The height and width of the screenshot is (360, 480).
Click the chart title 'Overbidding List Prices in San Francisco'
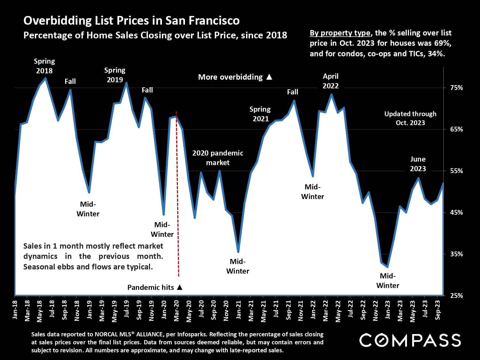click(131, 20)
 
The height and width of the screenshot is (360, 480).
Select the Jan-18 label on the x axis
click(15, 310)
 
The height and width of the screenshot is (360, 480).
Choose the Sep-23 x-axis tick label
click(438, 310)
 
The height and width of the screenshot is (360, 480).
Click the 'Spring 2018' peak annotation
click(44, 66)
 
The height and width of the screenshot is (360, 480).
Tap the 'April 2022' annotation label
click(331, 81)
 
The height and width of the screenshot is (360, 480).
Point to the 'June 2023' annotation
click(418, 164)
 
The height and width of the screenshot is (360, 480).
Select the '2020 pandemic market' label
click(218, 158)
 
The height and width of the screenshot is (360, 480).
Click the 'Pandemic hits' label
click(150, 287)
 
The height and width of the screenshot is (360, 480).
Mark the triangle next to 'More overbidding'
click(269, 77)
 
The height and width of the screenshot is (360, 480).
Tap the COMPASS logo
click(410, 340)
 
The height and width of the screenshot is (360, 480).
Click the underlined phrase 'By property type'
click(340, 33)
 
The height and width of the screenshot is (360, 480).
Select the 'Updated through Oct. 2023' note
click(410, 118)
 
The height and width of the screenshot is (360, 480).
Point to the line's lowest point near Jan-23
click(388, 267)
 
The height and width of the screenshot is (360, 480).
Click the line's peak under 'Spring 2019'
click(126, 83)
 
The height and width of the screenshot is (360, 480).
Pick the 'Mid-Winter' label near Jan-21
click(238, 266)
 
